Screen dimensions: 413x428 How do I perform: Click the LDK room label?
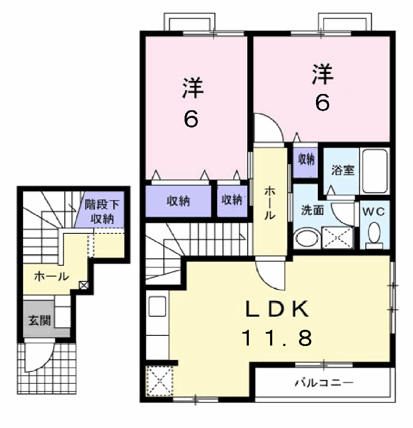(277, 309)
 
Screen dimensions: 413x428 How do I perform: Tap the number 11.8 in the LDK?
(277, 337)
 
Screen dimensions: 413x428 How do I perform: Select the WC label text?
(374, 212)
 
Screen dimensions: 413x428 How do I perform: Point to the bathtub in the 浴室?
(375, 171)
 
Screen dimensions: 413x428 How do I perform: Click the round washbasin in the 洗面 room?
(308, 238)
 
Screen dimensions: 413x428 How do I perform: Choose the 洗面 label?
(313, 210)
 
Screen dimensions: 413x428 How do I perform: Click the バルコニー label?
(324, 383)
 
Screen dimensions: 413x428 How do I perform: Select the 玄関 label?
(40, 320)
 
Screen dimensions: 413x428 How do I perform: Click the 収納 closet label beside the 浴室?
(306, 159)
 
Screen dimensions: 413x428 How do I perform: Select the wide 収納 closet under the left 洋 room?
(178, 201)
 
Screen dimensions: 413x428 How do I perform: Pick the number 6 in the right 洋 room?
(322, 103)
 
